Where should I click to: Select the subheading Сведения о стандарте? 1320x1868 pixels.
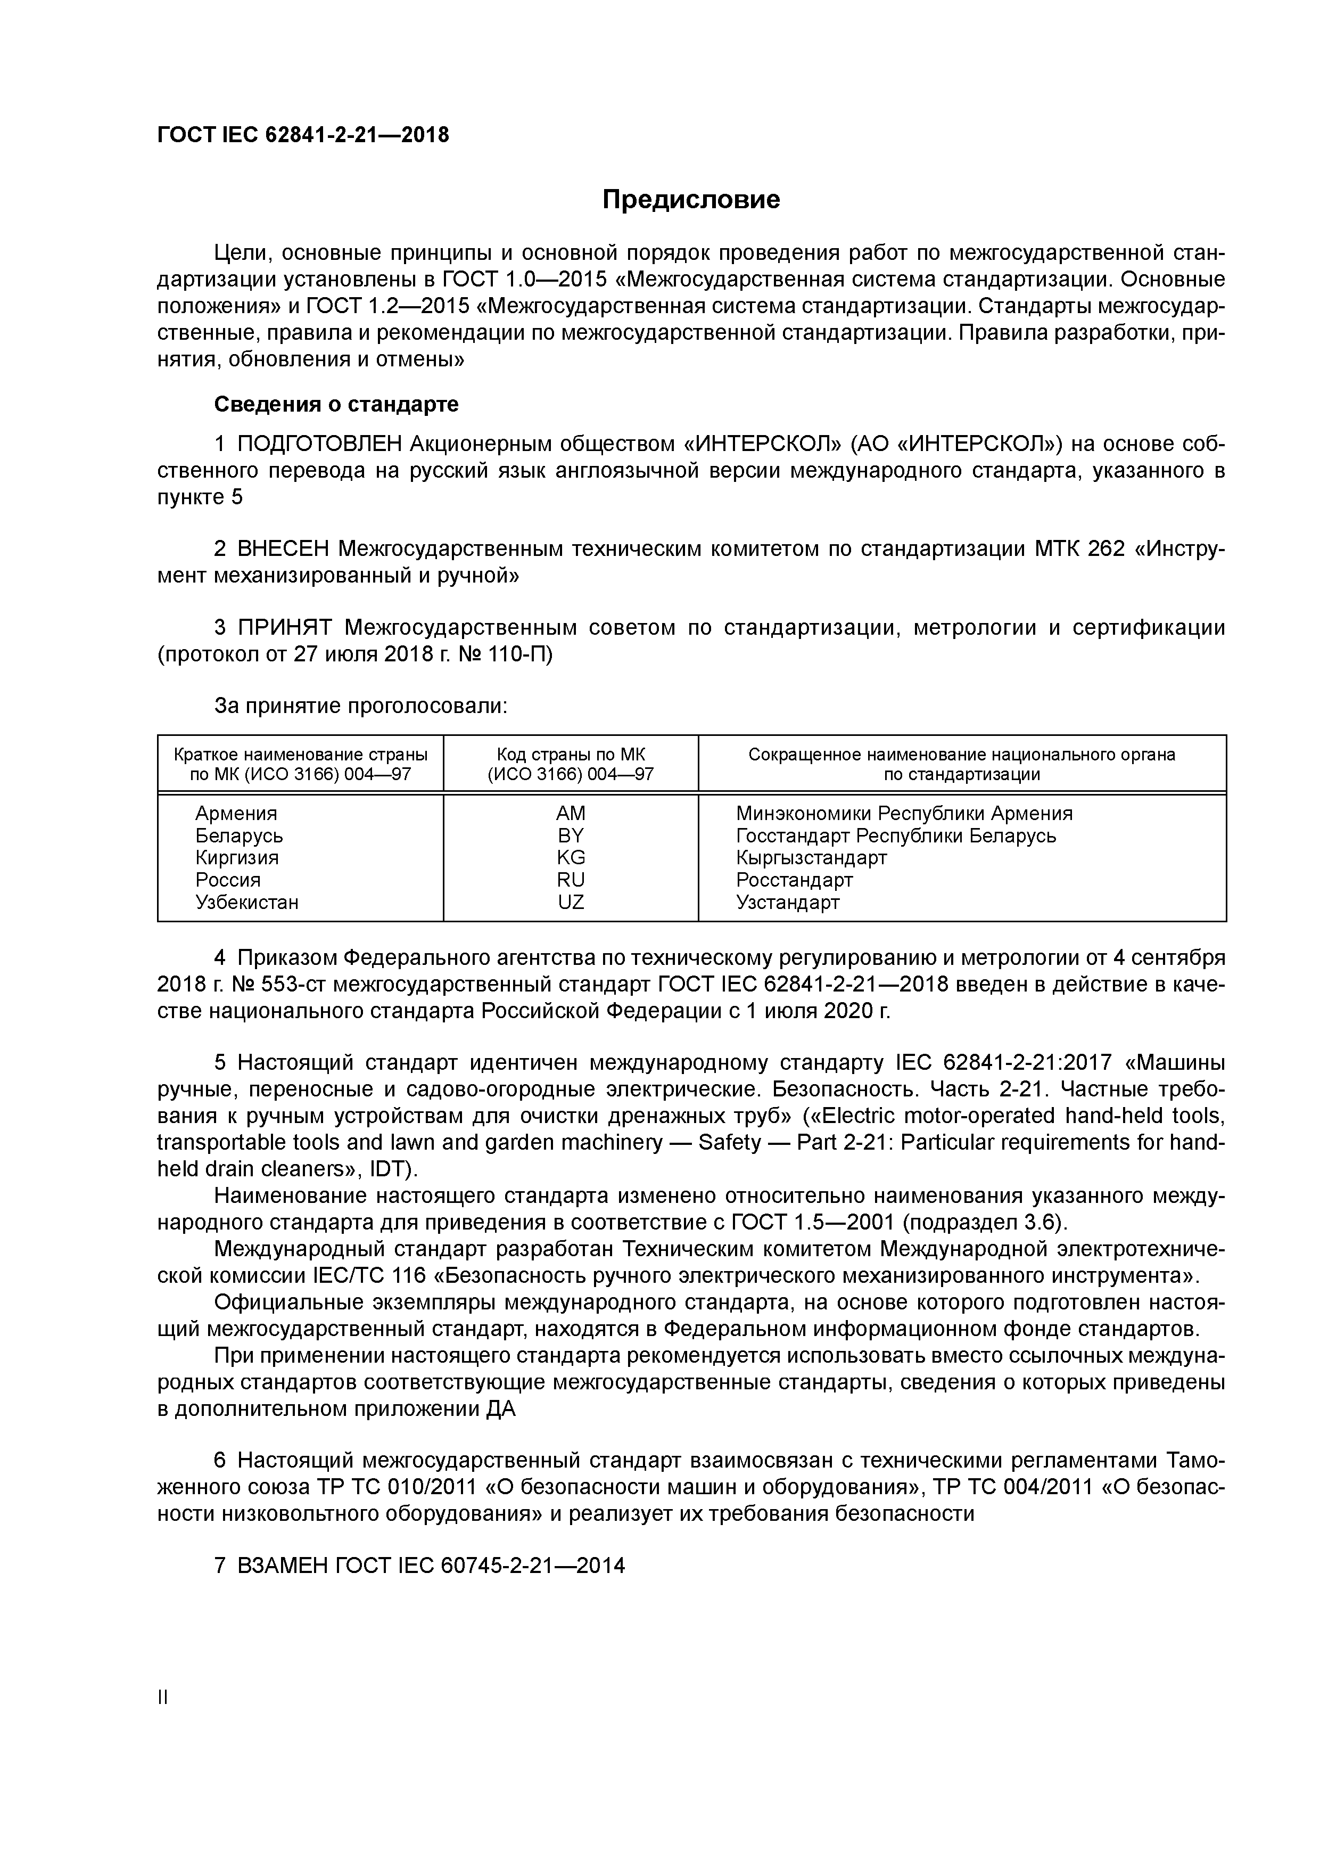tap(336, 404)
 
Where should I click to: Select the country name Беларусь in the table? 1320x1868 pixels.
tap(239, 835)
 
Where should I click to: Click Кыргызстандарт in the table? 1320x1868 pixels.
tap(811, 857)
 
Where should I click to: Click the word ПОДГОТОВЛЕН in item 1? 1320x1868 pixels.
tap(320, 444)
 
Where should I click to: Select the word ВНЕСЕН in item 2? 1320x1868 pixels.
tap(284, 549)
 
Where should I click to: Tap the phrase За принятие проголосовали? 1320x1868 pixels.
tap(360, 706)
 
